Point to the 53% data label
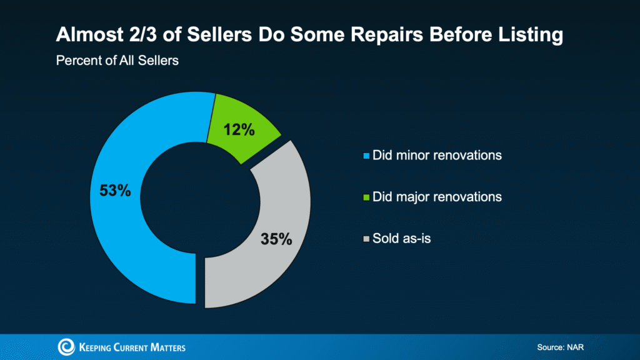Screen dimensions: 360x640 [116, 191]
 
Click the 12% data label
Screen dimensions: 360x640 [239, 130]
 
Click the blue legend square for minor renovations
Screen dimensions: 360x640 [367, 156]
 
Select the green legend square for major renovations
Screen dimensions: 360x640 [367, 197]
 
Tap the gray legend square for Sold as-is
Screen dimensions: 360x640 [367, 239]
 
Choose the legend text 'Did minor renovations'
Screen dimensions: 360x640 [437, 155]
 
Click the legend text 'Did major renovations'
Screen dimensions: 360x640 [437, 197]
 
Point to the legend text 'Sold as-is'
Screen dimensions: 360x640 [402, 238]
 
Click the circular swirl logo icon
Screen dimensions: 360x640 [66, 347]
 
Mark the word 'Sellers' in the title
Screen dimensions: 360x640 [219, 35]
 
